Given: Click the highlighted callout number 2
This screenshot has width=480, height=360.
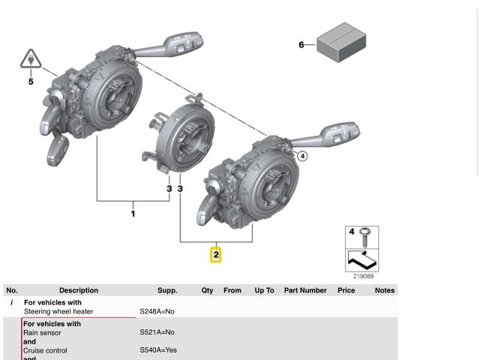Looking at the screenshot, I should [x=216, y=255].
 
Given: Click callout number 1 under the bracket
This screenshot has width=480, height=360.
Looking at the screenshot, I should [x=133, y=214].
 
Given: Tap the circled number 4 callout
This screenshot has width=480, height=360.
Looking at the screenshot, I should [x=302, y=156].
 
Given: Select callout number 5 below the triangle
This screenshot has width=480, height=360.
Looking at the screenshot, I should [x=31, y=81].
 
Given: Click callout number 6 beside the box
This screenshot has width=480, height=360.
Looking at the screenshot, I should [x=301, y=45].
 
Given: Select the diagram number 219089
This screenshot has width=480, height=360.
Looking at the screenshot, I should [x=362, y=277].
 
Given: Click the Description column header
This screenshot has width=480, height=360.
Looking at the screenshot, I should [x=79, y=290].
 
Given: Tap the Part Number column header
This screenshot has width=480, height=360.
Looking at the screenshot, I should [x=305, y=290].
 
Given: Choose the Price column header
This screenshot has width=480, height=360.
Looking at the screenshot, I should [x=346, y=290].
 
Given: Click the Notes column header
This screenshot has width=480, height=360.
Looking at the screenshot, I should [x=384, y=290].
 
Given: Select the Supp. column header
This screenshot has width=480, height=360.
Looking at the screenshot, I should [x=167, y=290].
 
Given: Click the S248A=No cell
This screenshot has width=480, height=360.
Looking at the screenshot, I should [x=157, y=311].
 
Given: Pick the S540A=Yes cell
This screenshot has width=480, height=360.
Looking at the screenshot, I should [x=158, y=350].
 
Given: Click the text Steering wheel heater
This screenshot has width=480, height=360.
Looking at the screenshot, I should [x=58, y=311].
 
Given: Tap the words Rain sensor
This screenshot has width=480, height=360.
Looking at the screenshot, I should [x=42, y=332].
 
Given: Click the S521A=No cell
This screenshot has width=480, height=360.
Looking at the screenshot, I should [x=157, y=332].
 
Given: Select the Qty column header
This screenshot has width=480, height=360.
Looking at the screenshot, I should [x=207, y=290].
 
